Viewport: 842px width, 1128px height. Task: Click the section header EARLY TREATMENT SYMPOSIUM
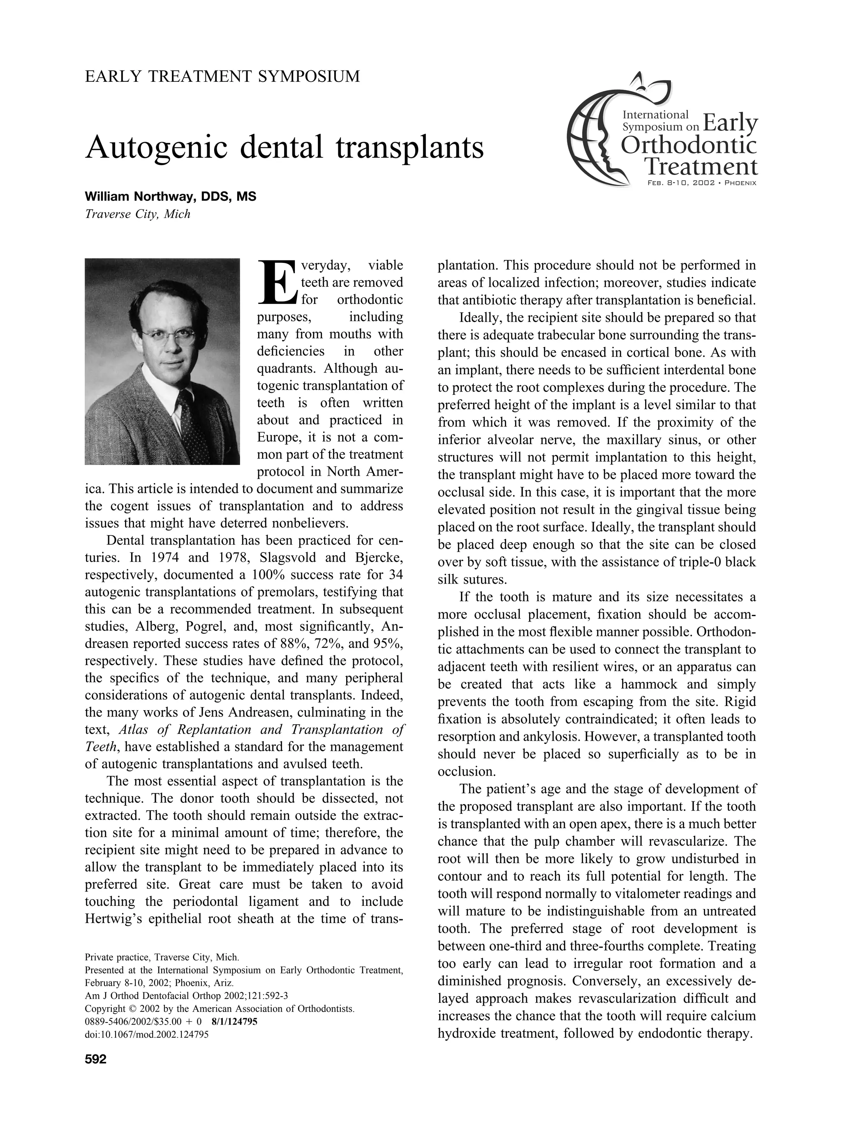[222, 76]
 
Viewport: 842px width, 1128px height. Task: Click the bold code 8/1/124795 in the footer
[234, 1021]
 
